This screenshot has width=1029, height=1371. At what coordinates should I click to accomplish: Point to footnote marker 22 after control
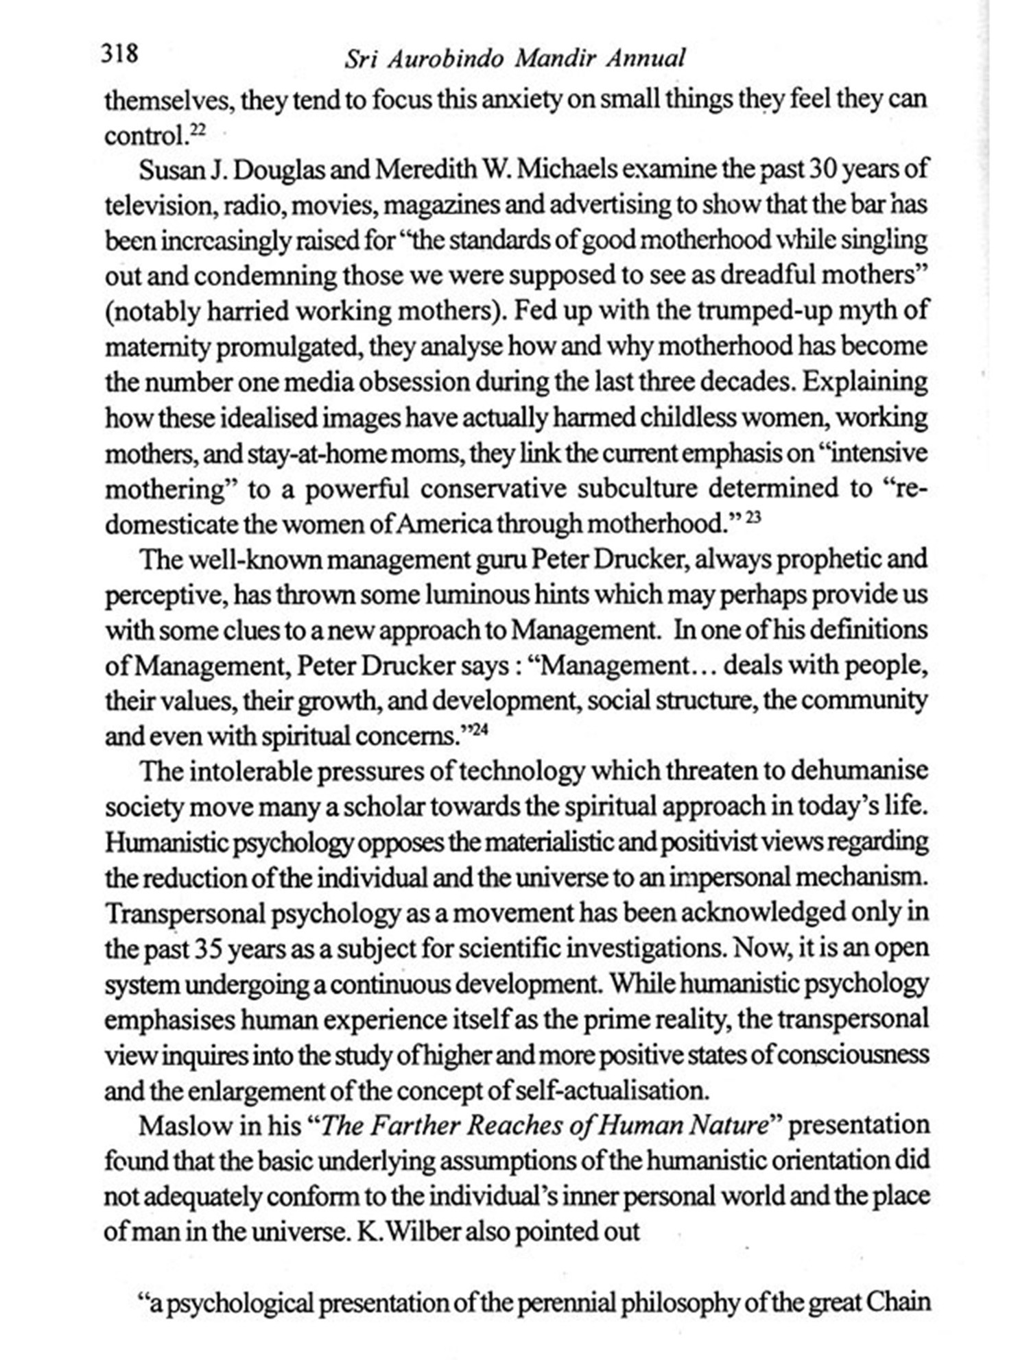[197, 130]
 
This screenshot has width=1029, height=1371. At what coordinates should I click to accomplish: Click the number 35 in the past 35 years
[209, 949]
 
